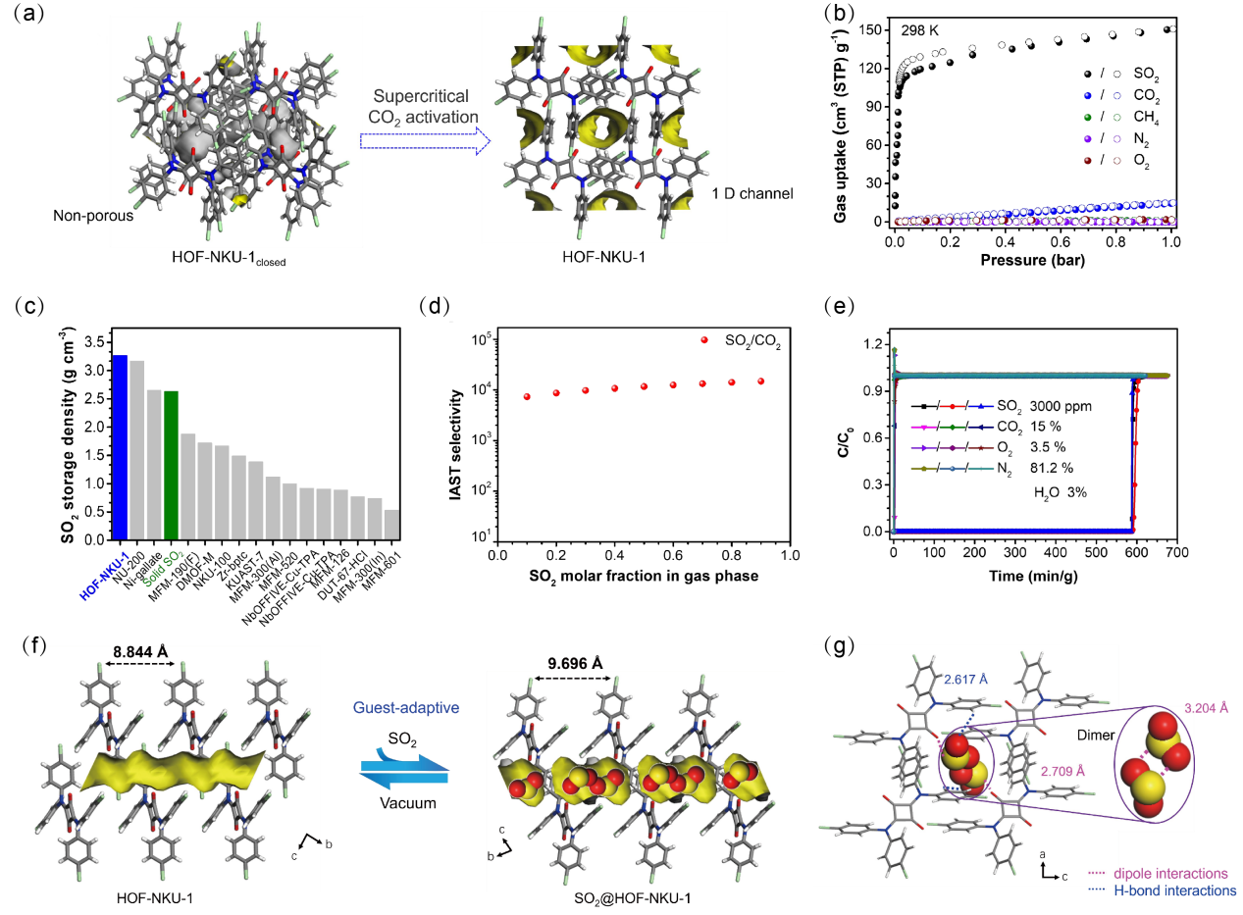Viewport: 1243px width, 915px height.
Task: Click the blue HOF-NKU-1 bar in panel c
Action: pos(121,447)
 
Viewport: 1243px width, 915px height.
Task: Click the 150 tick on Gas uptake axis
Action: pos(874,29)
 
